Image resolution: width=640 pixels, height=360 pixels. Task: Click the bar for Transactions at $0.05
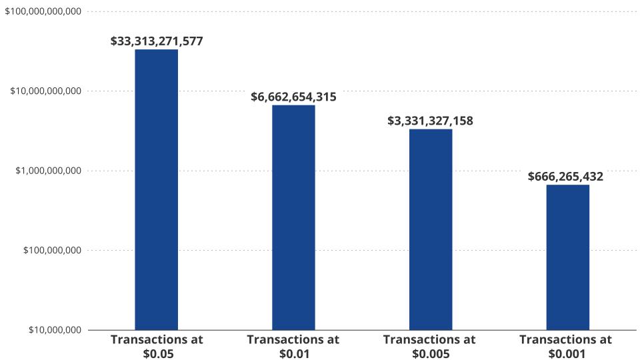click(157, 189)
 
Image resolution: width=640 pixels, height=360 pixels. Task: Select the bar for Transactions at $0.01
click(293, 217)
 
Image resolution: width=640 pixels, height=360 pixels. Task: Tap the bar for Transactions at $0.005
click(431, 229)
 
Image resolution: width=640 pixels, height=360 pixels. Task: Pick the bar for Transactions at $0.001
click(567, 257)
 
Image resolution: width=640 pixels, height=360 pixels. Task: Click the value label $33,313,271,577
click(157, 41)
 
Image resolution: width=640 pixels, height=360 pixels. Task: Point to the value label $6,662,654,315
click(293, 97)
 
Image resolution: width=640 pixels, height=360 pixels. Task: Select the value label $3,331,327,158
click(431, 121)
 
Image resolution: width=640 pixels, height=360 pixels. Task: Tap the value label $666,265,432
click(565, 177)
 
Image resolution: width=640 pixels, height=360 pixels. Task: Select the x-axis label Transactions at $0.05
click(157, 346)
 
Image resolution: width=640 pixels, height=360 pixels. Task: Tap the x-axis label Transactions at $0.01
click(293, 346)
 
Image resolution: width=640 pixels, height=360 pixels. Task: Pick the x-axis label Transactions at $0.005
click(430, 346)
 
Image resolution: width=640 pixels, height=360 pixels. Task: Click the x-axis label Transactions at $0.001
click(565, 346)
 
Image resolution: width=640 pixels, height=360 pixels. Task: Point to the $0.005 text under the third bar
click(430, 354)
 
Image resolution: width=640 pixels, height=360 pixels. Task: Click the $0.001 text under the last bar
click(566, 354)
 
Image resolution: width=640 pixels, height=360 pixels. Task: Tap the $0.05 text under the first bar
click(158, 354)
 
